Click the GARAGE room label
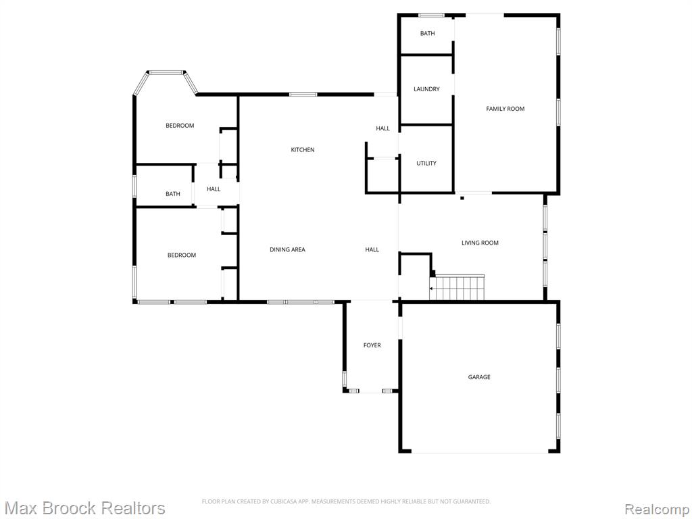coord(479,377)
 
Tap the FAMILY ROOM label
coord(505,109)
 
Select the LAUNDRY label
coord(426,89)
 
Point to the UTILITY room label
coord(426,164)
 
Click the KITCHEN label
coord(303,149)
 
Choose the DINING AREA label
coord(287,249)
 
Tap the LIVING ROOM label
coord(480,243)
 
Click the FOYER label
coord(372,345)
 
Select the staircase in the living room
coord(458,287)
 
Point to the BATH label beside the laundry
coord(427,33)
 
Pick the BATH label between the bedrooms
coord(172,194)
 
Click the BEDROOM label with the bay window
coord(180,125)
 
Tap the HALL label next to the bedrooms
coord(214,189)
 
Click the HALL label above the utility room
coord(382,128)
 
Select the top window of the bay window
coord(166,72)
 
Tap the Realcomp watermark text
coord(657,509)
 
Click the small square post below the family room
coord(462,198)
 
